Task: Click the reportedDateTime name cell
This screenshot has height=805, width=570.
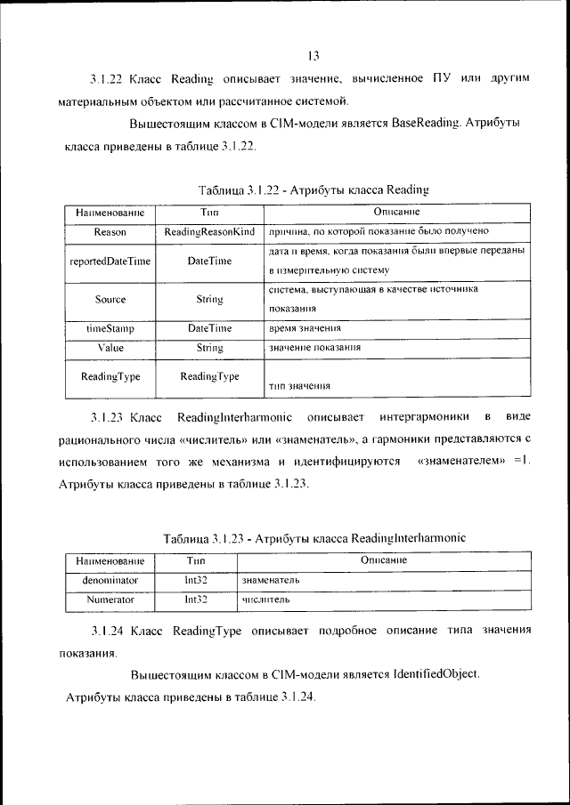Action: point(110,262)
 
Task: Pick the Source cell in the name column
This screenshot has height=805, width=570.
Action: point(110,300)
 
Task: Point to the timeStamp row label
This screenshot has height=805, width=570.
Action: point(110,328)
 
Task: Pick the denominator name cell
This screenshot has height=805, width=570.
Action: point(110,580)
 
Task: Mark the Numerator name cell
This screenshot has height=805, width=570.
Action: point(110,600)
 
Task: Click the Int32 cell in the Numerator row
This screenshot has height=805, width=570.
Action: point(196,600)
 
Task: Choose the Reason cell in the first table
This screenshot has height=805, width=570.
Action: point(110,232)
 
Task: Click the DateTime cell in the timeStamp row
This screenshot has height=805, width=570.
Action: point(209,328)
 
